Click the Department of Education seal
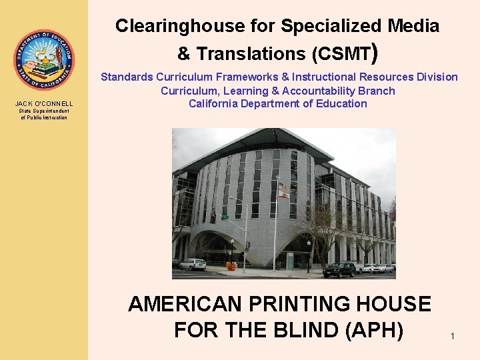pos(44,60)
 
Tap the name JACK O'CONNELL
pos(44,103)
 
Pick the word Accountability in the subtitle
pos(315,91)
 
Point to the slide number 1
pos(452,336)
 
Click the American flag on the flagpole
pos(283,186)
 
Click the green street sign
pos(225,217)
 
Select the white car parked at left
pos(193,264)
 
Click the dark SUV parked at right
pos(339,269)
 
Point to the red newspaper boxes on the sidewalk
pos(231,266)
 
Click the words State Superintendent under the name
pos(44,111)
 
